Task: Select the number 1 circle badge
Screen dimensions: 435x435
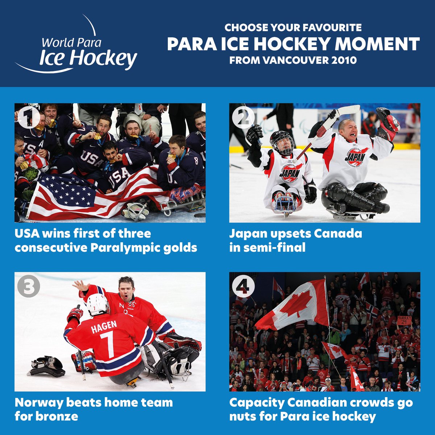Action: [x=28, y=117]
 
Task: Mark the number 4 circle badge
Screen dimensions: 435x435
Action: [x=243, y=286]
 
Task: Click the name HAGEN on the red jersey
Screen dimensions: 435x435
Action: [x=104, y=327]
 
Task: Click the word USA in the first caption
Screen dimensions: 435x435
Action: [x=27, y=233]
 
